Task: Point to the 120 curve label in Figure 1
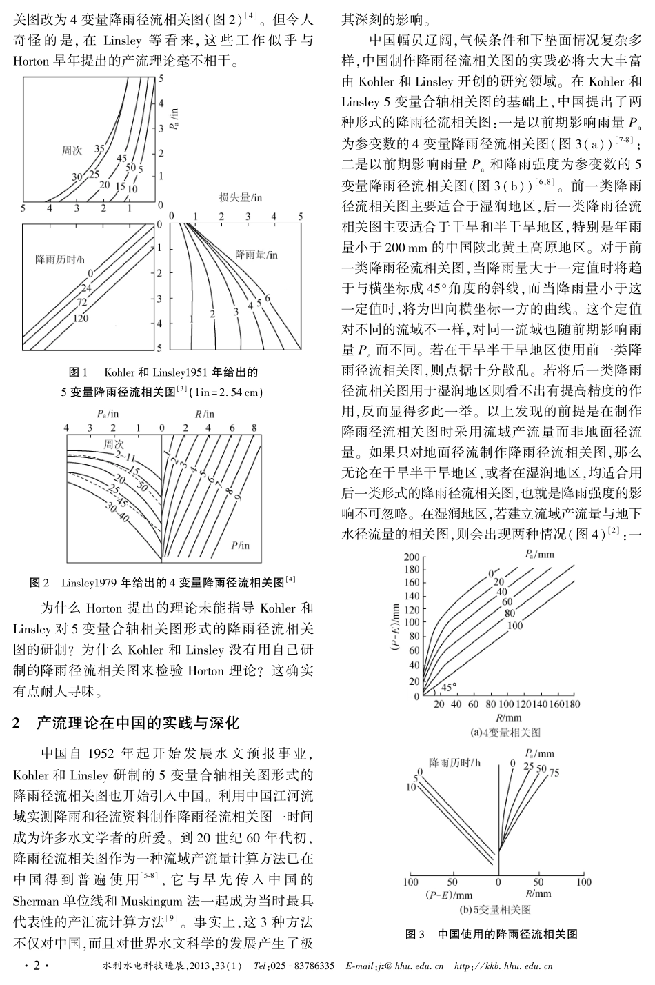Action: pos(81,318)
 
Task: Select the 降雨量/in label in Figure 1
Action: pos(256,255)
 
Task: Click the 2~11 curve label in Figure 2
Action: pos(125,456)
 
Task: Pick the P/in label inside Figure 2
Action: pos(241,545)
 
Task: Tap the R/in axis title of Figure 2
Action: pos(205,414)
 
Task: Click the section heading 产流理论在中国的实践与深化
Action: pos(137,723)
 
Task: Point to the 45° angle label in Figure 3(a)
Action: pos(448,687)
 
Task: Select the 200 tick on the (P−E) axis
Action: pos(412,557)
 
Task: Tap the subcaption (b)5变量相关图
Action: pos(491,910)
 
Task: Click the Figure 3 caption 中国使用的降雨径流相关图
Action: pos(507,935)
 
